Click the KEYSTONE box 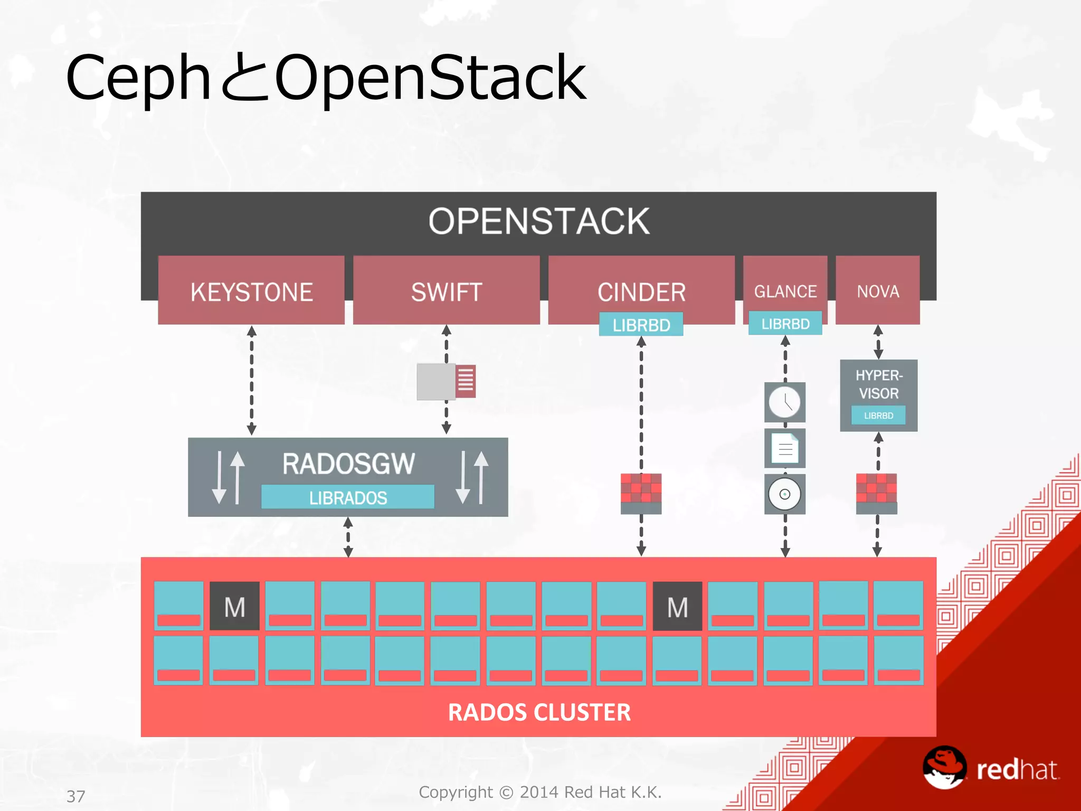tap(251, 291)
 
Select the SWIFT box tap(447, 291)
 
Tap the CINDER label tap(641, 291)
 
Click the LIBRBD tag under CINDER tap(641, 324)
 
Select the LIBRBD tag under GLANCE tap(785, 323)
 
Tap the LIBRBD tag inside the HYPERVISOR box tap(878, 415)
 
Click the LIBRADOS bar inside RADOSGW tap(348, 497)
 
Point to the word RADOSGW tap(348, 464)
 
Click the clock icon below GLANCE tap(784, 402)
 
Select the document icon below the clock tap(785, 448)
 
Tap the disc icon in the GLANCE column tap(785, 494)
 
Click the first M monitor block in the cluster tap(234, 606)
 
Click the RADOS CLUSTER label tap(539, 712)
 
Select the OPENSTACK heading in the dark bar tap(539, 221)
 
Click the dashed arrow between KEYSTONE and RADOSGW tap(252, 380)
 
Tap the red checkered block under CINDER tap(641, 489)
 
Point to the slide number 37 tap(75, 796)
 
